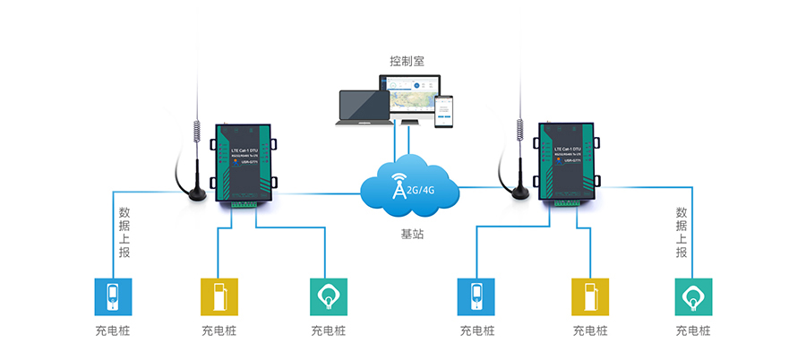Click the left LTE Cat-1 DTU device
(x=244, y=165)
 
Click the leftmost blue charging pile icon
(x=113, y=296)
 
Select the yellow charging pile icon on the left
(x=219, y=296)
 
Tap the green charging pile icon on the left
(x=328, y=296)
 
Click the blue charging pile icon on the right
(x=476, y=296)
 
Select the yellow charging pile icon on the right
(x=589, y=296)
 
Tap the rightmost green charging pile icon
(x=692, y=296)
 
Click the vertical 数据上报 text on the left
(x=124, y=234)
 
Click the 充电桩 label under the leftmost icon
(x=113, y=330)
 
